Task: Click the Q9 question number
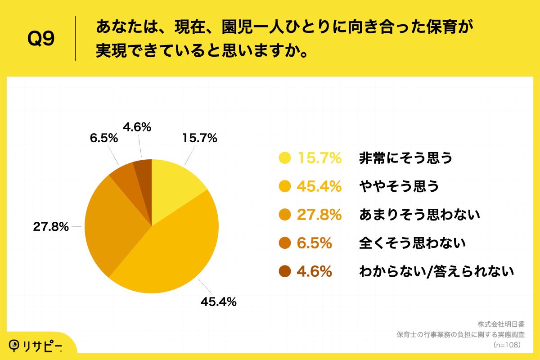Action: point(41,39)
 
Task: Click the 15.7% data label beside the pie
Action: point(199,138)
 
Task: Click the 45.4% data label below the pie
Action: point(219,302)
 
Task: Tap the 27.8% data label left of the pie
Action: point(51,227)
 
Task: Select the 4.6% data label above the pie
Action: point(137,127)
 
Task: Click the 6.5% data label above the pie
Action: point(104,138)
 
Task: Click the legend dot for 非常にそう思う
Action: point(284,158)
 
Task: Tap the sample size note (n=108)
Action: point(507,345)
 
